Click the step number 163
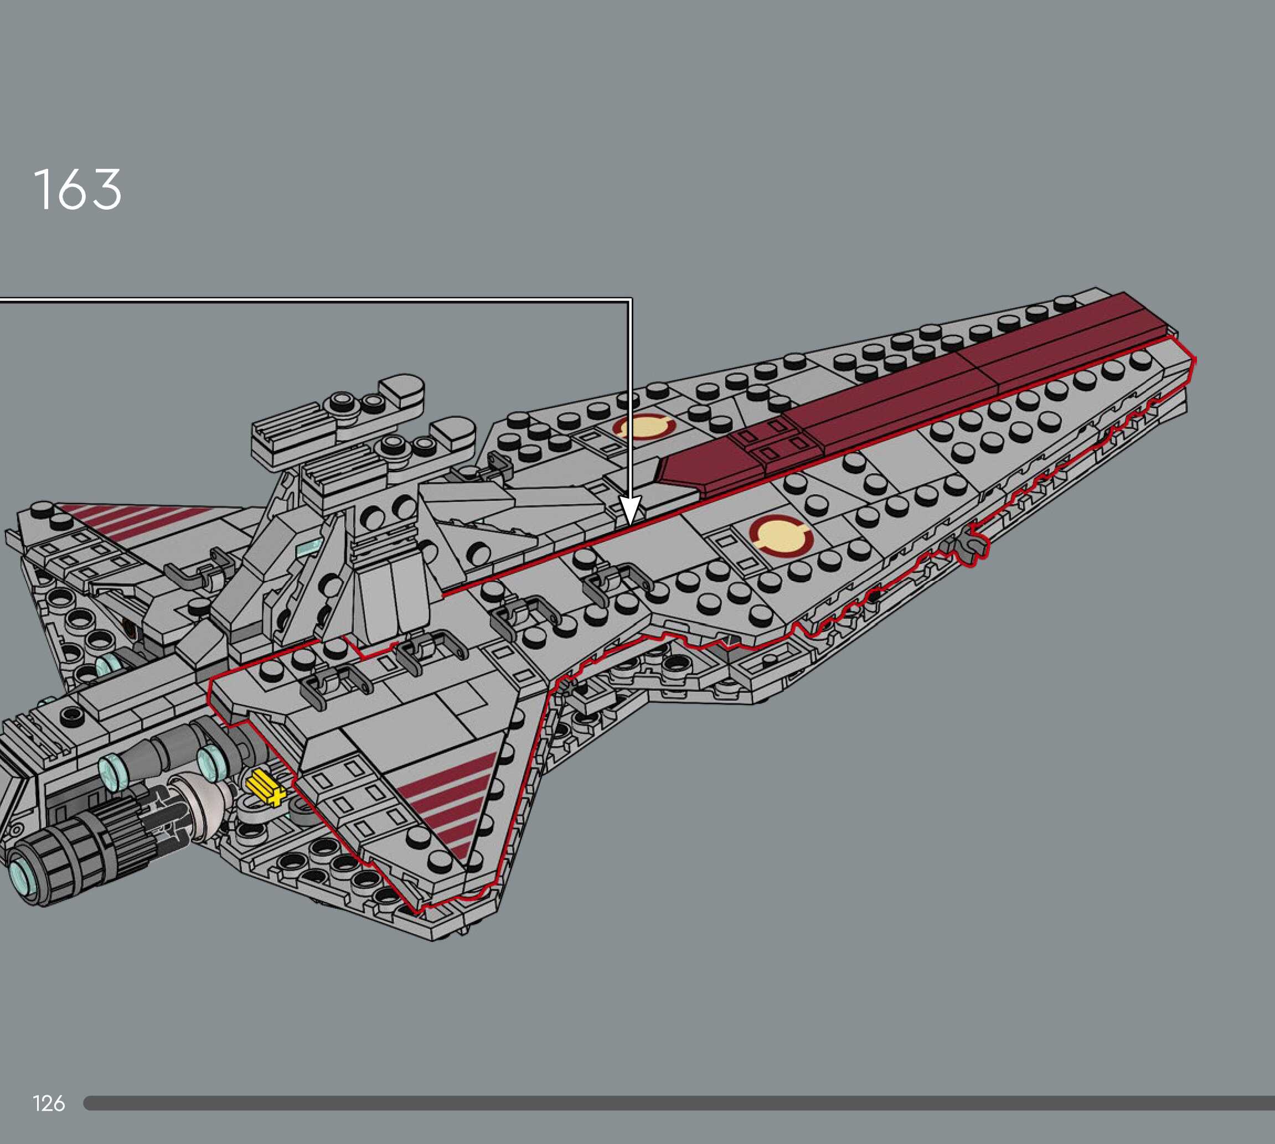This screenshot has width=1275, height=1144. [78, 189]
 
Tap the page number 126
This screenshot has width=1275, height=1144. [48, 1102]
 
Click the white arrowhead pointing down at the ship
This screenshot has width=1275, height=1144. [630, 510]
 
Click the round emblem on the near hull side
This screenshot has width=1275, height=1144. [780, 536]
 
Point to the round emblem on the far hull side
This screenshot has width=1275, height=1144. [644, 427]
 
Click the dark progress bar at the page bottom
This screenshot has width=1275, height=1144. [679, 1102]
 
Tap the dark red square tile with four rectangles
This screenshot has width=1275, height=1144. [772, 440]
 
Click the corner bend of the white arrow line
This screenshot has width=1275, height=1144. [630, 301]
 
